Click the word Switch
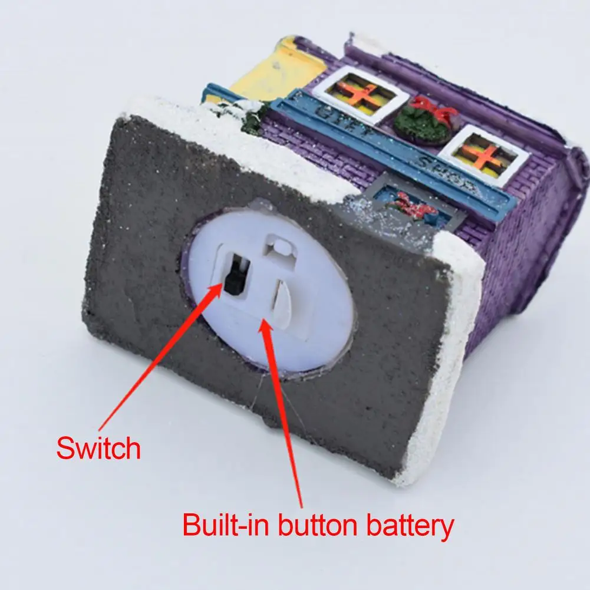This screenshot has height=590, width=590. pyautogui.click(x=98, y=448)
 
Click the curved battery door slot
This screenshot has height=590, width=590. pyautogui.click(x=279, y=301)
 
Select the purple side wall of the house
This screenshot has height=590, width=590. pyautogui.click(x=530, y=248)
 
